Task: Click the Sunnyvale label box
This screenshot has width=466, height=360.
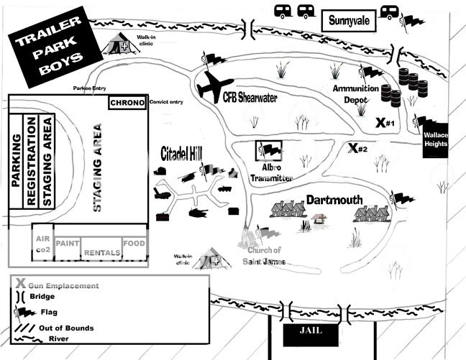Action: (349, 20)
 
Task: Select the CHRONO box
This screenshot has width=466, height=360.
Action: (128, 103)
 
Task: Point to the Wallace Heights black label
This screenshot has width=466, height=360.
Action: (435, 139)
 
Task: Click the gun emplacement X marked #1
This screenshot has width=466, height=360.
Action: (382, 123)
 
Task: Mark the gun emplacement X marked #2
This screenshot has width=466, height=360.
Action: (352, 148)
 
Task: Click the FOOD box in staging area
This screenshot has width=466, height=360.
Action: (134, 244)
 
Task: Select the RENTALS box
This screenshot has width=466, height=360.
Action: (101, 252)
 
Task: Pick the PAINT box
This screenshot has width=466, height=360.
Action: (67, 244)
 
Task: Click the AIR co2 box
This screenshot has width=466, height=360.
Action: (42, 244)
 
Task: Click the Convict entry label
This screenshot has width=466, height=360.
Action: (166, 102)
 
